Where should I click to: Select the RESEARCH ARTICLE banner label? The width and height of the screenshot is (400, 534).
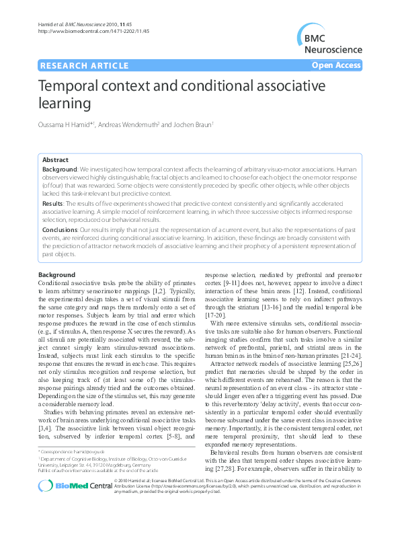[85, 65]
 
